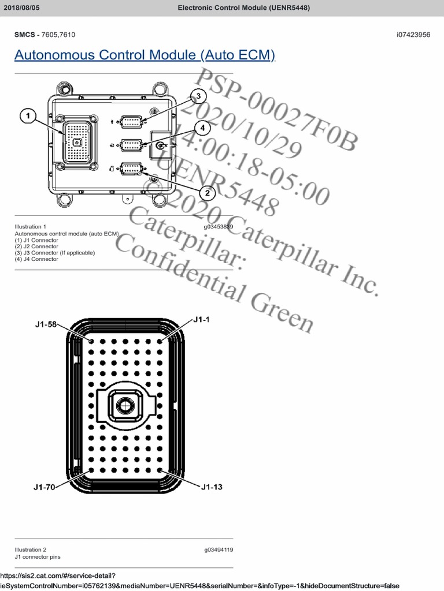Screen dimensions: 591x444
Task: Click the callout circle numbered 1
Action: coord(27,116)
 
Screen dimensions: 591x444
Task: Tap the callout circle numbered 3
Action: coord(198,96)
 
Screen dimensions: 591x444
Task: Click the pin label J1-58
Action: coord(45,324)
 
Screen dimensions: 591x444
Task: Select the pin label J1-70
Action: coord(44,487)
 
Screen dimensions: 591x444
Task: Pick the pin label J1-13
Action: coord(212,487)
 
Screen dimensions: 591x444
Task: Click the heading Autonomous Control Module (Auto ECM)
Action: coord(145,55)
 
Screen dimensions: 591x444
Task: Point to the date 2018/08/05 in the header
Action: coord(22,8)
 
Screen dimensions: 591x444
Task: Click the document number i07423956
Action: coord(413,35)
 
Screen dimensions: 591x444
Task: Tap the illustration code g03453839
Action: coord(218,227)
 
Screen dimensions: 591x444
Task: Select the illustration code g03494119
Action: coord(219,550)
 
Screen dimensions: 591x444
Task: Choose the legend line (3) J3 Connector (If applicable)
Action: coord(54,253)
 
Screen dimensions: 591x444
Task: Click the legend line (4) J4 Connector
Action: coord(36,259)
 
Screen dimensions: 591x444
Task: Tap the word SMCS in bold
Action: coord(25,35)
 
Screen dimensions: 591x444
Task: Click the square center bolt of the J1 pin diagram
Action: coord(123,406)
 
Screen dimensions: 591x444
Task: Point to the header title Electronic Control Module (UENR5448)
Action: coord(243,8)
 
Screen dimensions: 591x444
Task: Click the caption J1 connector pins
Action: coord(37,557)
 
